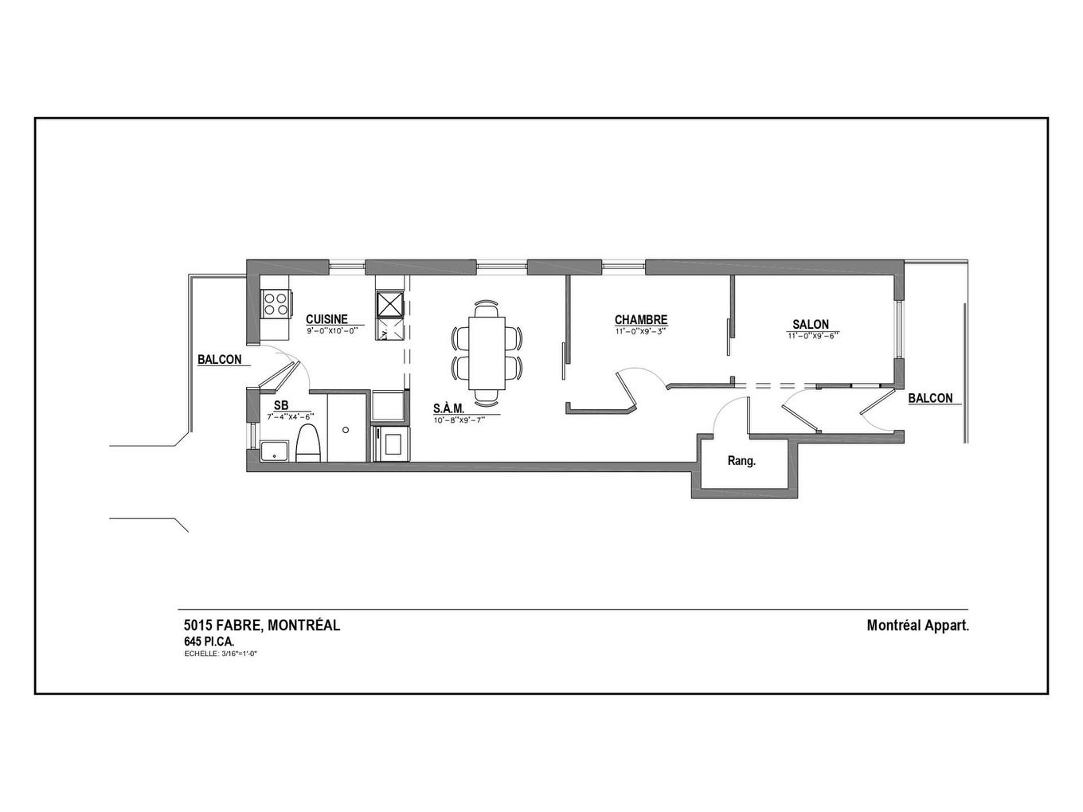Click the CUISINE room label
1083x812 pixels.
pyautogui.click(x=326, y=319)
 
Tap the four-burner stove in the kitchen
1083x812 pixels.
pyautogui.click(x=275, y=303)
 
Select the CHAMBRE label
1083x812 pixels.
pyautogui.click(x=640, y=320)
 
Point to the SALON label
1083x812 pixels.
pyautogui.click(x=811, y=324)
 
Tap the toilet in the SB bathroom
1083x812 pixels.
pyautogui.click(x=307, y=443)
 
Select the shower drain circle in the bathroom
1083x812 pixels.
pyautogui.click(x=346, y=430)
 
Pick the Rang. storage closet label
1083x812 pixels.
pyautogui.click(x=741, y=461)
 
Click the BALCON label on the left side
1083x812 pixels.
pyautogui.click(x=220, y=360)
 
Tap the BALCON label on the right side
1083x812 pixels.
pyautogui.click(x=930, y=398)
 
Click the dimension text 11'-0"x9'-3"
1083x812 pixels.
pyautogui.click(x=640, y=331)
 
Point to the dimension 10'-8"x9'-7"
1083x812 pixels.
pyautogui.click(x=459, y=420)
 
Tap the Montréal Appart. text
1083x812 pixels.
pyautogui.click(x=917, y=626)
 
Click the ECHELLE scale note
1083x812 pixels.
pyautogui.click(x=221, y=654)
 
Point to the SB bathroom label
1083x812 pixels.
pyautogui.click(x=281, y=405)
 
